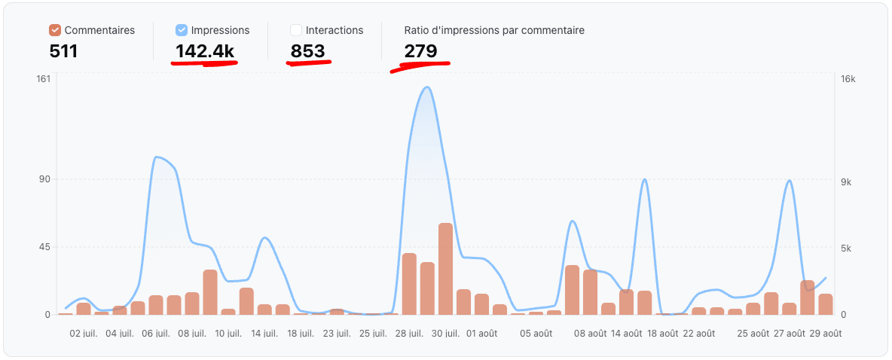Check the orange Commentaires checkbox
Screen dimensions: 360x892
(55, 30)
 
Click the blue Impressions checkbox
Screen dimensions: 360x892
(182, 30)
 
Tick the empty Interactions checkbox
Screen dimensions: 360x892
(296, 30)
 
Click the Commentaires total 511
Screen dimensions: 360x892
(63, 51)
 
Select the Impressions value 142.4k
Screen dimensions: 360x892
(205, 51)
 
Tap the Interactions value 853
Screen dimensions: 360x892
(307, 51)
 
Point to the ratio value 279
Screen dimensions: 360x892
(420, 51)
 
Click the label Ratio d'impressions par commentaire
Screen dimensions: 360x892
(494, 30)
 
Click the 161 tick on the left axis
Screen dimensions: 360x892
(43, 79)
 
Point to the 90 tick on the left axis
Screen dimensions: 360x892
(44, 179)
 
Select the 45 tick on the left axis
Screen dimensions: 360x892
(44, 247)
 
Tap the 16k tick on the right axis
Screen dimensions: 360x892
(848, 79)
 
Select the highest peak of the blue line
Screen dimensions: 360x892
(427, 87)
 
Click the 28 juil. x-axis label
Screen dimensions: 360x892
(410, 333)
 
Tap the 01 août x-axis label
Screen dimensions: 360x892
(482, 333)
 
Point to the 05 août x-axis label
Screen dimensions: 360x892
(536, 333)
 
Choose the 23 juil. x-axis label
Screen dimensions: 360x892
(337, 333)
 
